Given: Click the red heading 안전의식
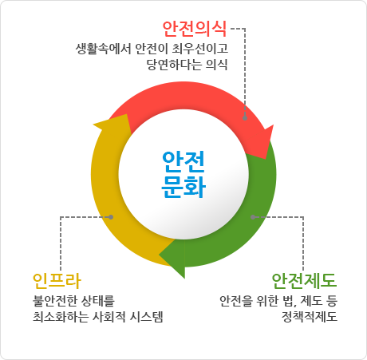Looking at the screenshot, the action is pyautogui.click(x=195, y=29).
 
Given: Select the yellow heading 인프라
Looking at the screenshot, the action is pyautogui.click(x=57, y=281).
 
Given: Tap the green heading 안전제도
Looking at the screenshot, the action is pyautogui.click(x=305, y=281).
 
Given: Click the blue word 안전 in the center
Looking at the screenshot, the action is pyautogui.click(x=183, y=162).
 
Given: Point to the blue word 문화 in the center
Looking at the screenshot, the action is pyautogui.click(x=183, y=187).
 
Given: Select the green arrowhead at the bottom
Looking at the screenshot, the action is pyautogui.click(x=172, y=258).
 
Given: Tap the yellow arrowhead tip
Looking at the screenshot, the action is pyautogui.click(x=93, y=125).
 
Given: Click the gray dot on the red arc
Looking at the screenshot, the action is pyautogui.click(x=245, y=118).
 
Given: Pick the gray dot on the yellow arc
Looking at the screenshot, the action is pyautogui.click(x=111, y=217).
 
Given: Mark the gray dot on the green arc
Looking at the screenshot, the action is pyautogui.click(x=253, y=217).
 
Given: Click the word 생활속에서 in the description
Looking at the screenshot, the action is pyautogui.click(x=104, y=49).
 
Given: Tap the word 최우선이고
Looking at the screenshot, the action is pyautogui.click(x=200, y=49).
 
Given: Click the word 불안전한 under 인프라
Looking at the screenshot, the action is pyautogui.click(x=55, y=301).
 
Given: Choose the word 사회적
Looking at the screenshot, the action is pyautogui.click(x=109, y=317).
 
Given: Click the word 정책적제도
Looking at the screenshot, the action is pyautogui.click(x=310, y=317).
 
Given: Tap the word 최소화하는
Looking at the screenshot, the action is pyautogui.click(x=61, y=317).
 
